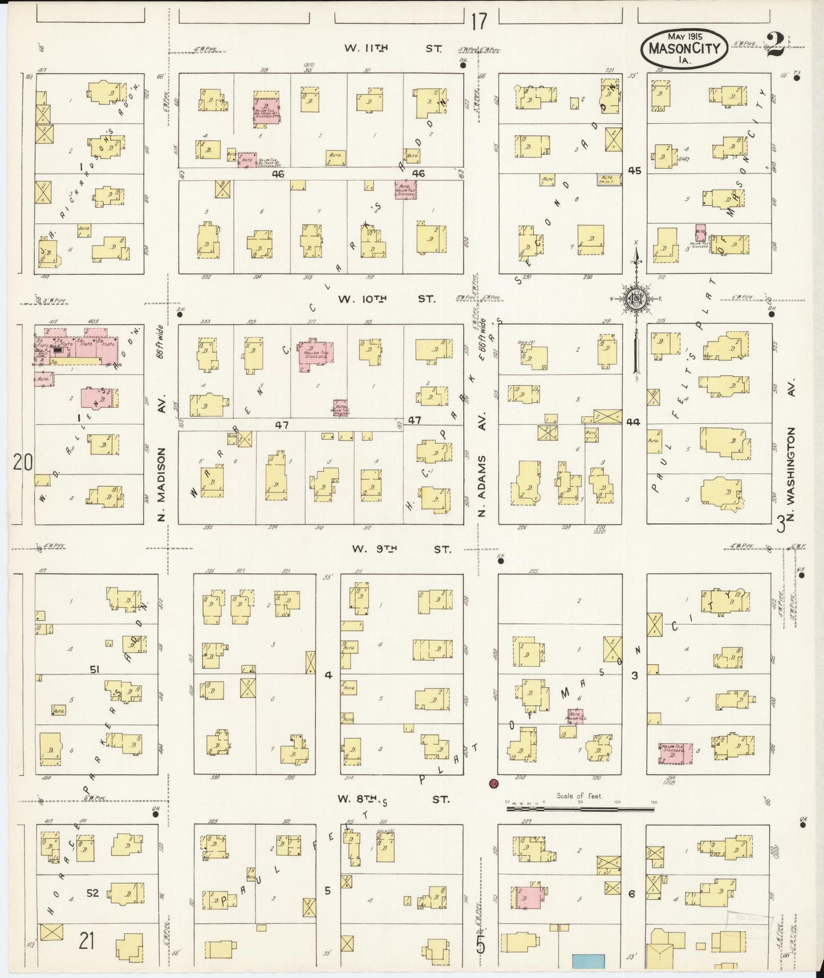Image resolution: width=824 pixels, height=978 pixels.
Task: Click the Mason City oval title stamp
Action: pos(684,47)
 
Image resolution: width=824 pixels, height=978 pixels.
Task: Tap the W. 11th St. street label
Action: pos(393,49)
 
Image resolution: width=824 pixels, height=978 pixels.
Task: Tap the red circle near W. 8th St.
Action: pos(494,783)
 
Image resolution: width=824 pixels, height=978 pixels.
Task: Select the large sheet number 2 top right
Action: pos(774,46)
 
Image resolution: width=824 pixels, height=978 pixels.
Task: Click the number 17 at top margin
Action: pos(480,22)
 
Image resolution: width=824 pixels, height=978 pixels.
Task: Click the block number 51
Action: pos(94,669)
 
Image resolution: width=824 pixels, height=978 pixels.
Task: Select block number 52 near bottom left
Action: pos(93,893)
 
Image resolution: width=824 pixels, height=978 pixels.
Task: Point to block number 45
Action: pos(634,171)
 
